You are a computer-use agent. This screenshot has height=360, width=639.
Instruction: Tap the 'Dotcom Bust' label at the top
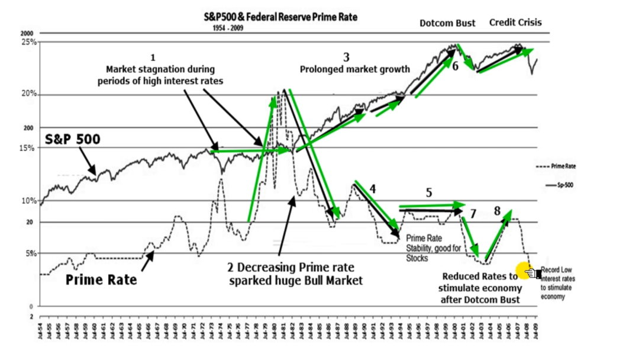[x=447, y=24]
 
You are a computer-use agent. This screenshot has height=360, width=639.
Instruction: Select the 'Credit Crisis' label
[x=515, y=22]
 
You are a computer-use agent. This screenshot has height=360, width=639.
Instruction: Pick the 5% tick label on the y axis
[x=30, y=253]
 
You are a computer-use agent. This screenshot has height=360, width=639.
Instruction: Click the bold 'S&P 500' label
[x=73, y=140]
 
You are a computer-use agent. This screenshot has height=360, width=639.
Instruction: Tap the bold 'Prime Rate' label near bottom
[x=101, y=280]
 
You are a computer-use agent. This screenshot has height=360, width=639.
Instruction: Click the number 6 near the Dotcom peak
[x=455, y=66]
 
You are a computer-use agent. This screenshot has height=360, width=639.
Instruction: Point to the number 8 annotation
[x=497, y=211]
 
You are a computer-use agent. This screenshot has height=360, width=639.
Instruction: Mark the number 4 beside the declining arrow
[x=373, y=189]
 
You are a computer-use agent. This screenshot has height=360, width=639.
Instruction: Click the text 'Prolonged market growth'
[x=354, y=69]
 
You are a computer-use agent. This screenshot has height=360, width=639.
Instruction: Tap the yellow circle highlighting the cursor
[x=523, y=271]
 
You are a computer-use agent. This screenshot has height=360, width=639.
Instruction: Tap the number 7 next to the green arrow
[x=473, y=213]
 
